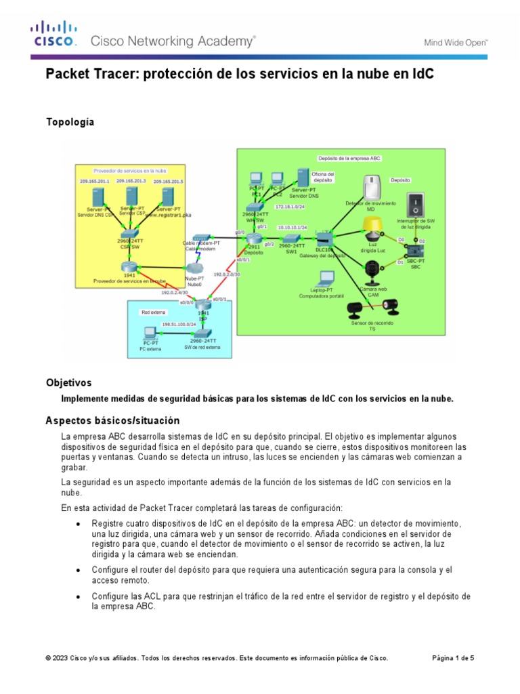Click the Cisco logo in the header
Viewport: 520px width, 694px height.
pyautogui.click(x=53, y=35)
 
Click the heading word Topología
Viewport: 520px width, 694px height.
pyautogui.click(x=70, y=122)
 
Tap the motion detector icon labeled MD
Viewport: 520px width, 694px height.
pyautogui.click(x=370, y=188)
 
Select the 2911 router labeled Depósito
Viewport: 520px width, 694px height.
pyautogui.click(x=254, y=239)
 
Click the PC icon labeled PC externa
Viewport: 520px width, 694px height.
pyautogui.click(x=151, y=334)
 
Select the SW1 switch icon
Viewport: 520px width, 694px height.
pyautogui.click(x=291, y=239)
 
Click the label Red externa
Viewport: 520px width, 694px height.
pyautogui.click(x=154, y=312)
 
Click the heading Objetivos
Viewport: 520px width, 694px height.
pyautogui.click(x=68, y=383)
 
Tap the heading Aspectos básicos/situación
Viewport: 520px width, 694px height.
pyautogui.click(x=112, y=420)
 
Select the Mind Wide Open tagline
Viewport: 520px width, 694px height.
pyautogui.click(x=456, y=42)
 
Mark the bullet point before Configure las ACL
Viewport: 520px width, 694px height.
pyautogui.click(x=79, y=596)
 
